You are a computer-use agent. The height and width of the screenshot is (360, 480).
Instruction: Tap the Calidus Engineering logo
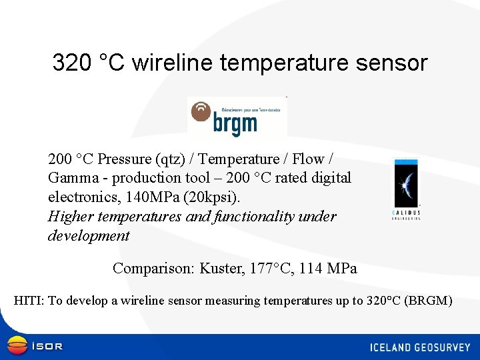click(406, 189)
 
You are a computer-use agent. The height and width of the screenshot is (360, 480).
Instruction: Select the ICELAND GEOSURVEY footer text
click(421, 347)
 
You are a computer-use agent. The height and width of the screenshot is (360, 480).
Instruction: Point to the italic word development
click(89, 236)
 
